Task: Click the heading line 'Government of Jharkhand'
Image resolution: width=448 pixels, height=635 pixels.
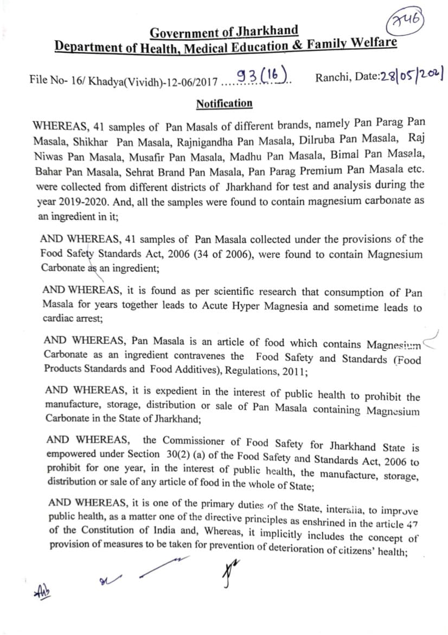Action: click(224, 32)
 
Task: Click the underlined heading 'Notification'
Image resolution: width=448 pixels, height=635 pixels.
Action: click(224, 103)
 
